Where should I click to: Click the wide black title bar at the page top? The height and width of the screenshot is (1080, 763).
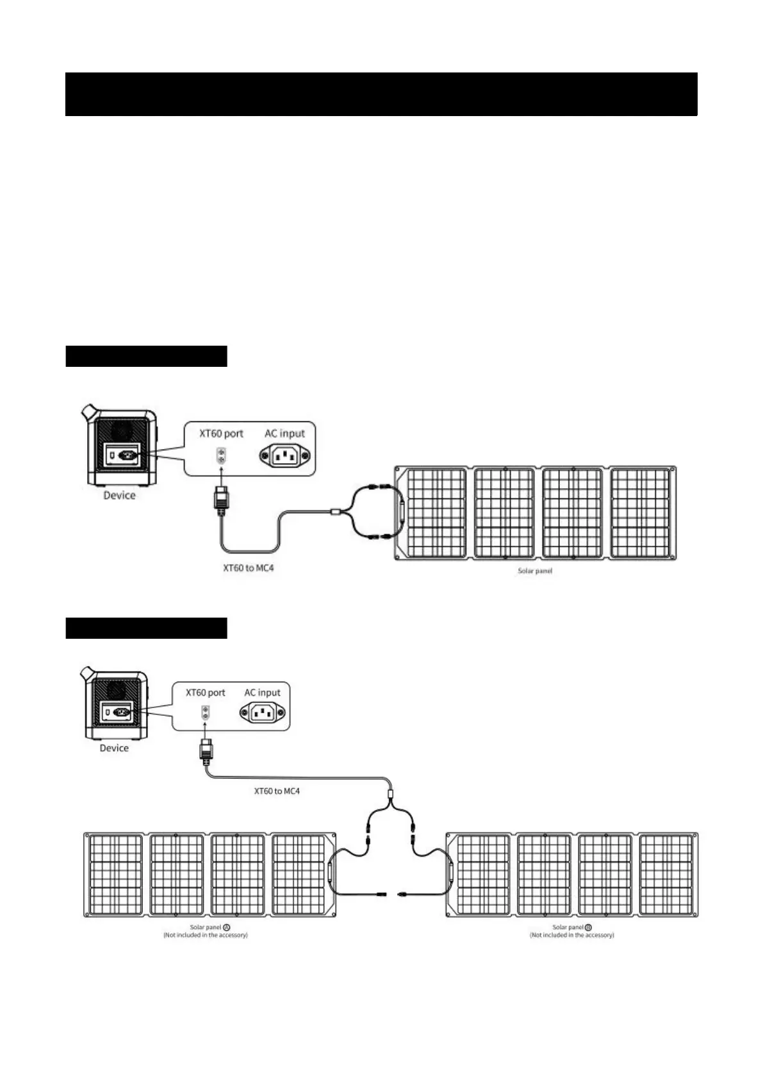(x=381, y=94)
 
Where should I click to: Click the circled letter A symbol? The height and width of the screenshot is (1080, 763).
(x=227, y=927)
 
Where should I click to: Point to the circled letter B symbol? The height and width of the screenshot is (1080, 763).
(x=589, y=927)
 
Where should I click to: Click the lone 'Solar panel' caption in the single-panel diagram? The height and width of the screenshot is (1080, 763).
(x=535, y=570)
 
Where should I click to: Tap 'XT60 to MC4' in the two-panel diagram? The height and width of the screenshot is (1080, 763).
(x=277, y=791)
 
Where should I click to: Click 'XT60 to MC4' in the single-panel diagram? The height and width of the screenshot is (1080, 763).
(x=248, y=568)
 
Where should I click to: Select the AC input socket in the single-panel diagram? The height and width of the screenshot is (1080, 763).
(x=284, y=456)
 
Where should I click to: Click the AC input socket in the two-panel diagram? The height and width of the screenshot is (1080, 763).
(x=262, y=712)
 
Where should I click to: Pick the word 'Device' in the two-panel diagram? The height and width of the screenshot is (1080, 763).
(x=114, y=748)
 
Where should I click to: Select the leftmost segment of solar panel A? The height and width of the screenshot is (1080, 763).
(x=115, y=874)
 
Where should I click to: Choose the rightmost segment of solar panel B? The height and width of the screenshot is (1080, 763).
(x=666, y=874)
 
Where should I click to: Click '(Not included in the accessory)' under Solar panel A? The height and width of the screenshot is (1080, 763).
(x=206, y=935)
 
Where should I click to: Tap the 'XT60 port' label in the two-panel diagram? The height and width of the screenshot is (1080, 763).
(x=206, y=693)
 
